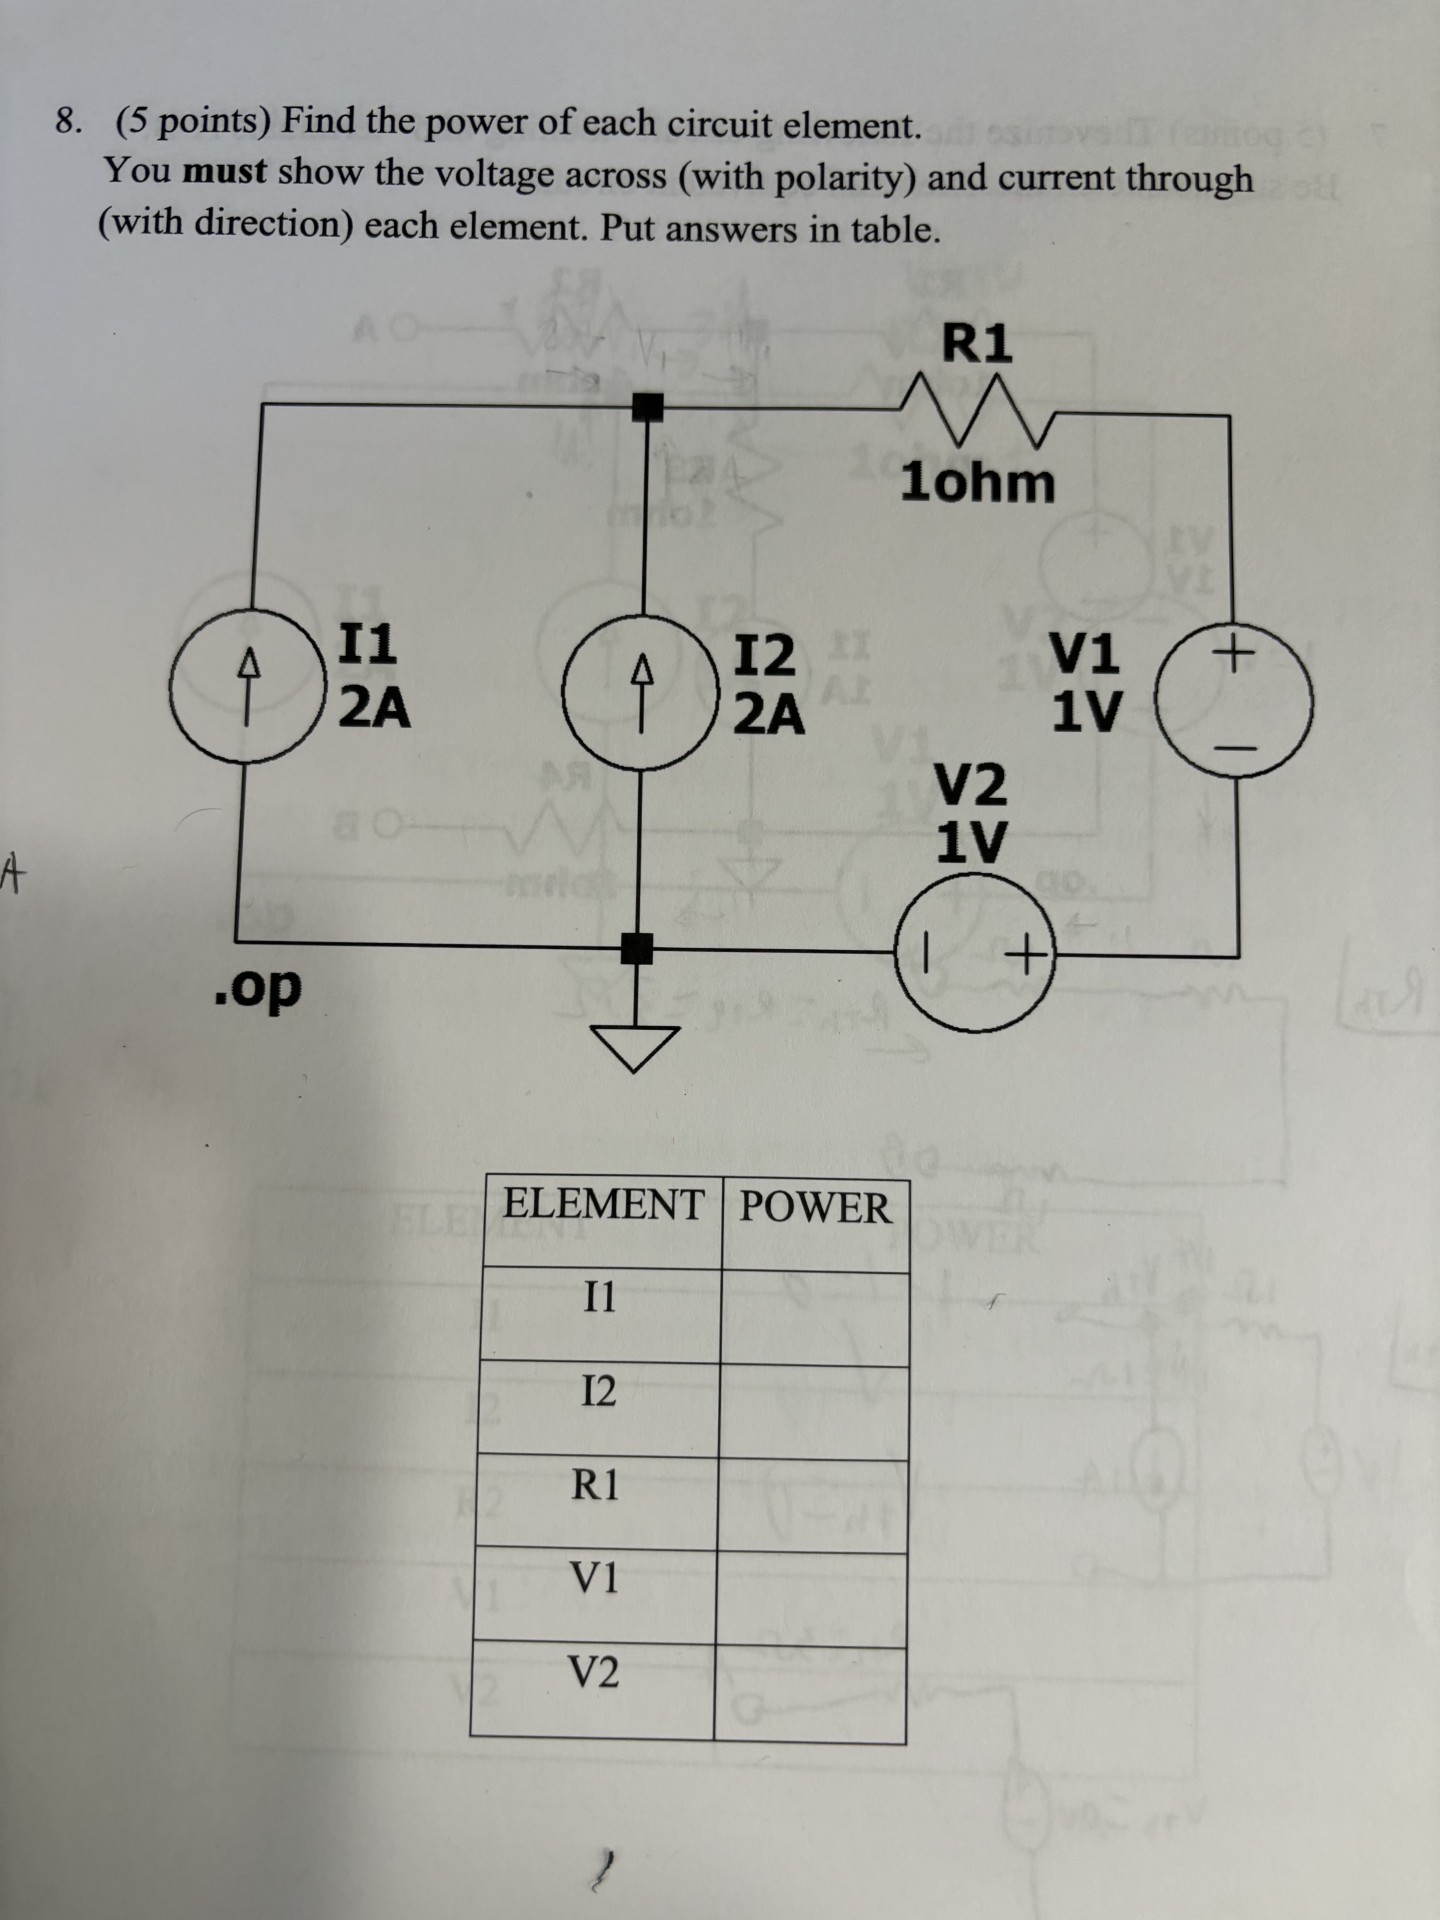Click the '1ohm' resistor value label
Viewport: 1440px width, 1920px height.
[978, 484]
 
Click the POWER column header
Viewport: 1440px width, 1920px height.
[815, 1207]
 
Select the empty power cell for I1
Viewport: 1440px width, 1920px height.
[814, 1317]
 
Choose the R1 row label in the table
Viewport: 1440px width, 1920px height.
[595, 1485]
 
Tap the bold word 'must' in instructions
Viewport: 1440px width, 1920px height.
[225, 172]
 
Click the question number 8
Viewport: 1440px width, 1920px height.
[67, 122]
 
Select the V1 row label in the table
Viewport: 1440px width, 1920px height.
[594, 1578]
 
